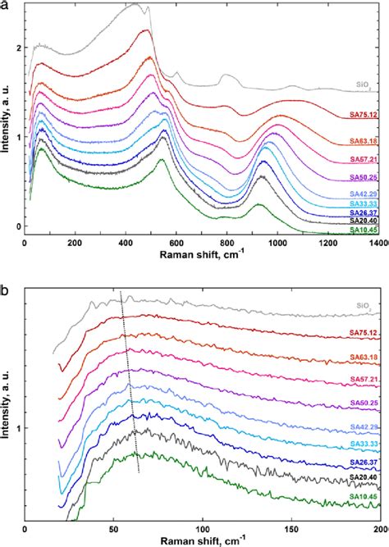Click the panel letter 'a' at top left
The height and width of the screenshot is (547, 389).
pyautogui.click(x=5, y=7)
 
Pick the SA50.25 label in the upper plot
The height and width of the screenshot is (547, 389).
pyautogui.click(x=365, y=178)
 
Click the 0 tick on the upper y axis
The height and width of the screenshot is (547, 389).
pyautogui.click(x=16, y=226)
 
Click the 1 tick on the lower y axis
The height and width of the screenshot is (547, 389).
pyautogui.click(x=16, y=428)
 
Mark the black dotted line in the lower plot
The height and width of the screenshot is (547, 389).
pyautogui.click(x=130, y=381)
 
